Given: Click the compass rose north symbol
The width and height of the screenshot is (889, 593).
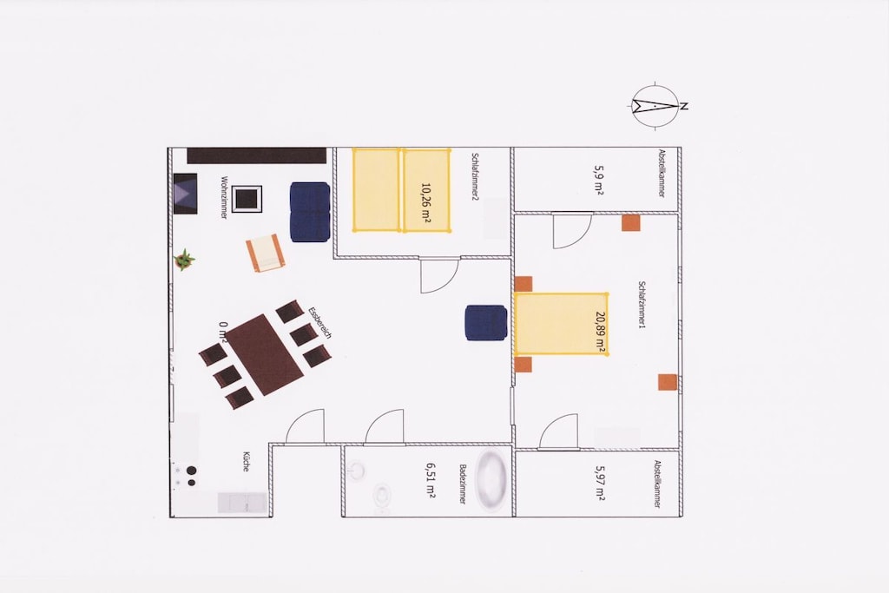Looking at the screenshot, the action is click(656, 106).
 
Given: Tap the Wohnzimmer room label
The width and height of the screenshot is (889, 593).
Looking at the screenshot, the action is click(225, 197).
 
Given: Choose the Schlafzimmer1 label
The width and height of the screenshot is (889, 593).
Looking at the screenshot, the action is click(642, 305).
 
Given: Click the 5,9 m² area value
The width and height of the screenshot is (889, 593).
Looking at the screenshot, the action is click(599, 181).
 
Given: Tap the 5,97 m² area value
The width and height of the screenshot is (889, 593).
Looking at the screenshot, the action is click(600, 483).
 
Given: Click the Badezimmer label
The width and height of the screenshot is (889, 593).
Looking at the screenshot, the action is click(463, 484).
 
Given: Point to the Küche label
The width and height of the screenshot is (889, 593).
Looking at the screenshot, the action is click(246, 461).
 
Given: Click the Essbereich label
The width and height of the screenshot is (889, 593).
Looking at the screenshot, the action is click(319, 323).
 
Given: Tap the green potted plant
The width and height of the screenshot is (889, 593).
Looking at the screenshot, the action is click(184, 260).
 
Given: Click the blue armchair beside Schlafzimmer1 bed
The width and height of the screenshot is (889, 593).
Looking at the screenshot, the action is click(486, 323).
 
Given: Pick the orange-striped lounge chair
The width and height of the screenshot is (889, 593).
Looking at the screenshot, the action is click(264, 253).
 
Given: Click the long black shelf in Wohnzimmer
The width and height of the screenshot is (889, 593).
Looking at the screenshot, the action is click(257, 155).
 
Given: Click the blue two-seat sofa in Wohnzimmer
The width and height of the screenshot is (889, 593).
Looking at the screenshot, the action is click(310, 212).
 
